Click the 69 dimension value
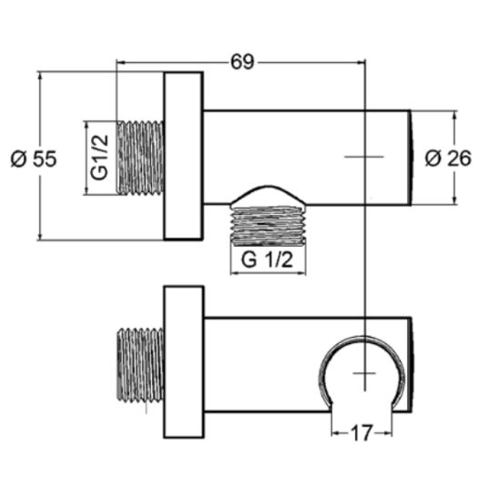[x=242, y=62]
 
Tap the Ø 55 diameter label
[x=34, y=158]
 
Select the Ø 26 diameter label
[x=448, y=158]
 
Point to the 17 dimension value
[x=362, y=433]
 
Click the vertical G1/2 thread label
[x=100, y=158]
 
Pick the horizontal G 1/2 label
[x=267, y=260]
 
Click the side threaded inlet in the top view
[x=140, y=158]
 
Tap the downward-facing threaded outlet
[x=268, y=226]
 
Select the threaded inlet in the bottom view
[x=140, y=364]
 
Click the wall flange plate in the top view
[x=183, y=156]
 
